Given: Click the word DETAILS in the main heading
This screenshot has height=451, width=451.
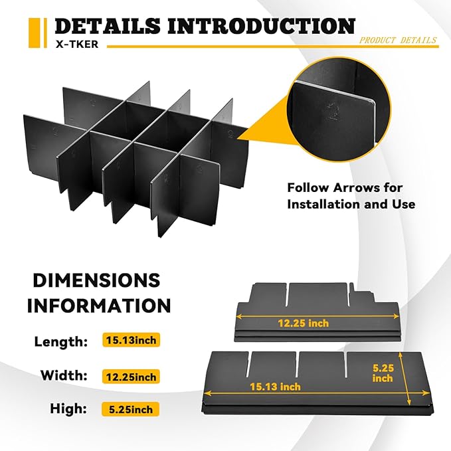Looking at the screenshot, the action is (108, 26).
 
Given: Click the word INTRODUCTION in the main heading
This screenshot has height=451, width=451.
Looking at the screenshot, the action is (262, 26).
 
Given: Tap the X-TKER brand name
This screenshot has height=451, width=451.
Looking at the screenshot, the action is (77, 44).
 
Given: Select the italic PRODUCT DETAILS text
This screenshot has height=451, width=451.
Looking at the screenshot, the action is (398, 40).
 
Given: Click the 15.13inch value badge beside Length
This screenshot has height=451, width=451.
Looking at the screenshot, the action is (131, 340).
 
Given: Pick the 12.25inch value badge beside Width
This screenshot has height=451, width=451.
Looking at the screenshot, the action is (131, 377).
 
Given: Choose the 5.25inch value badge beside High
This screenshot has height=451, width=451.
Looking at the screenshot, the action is (131, 409).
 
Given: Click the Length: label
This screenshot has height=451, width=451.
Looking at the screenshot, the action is (60, 341).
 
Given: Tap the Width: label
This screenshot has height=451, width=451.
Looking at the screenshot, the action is (64, 375).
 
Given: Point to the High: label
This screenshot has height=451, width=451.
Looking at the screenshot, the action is (68, 408).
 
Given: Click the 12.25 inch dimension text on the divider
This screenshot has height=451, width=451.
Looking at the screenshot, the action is (303, 323).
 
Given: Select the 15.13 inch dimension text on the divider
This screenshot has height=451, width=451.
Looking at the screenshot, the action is (275, 387).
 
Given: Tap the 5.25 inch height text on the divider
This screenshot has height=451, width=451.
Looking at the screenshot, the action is (383, 373).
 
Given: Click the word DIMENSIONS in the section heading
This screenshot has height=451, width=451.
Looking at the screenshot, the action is (97, 280).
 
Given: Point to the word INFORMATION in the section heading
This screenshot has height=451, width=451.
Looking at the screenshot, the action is (99, 306).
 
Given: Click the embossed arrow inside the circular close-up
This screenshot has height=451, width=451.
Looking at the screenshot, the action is (333, 112).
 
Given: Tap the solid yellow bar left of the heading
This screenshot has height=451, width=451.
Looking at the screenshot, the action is (35, 33).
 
